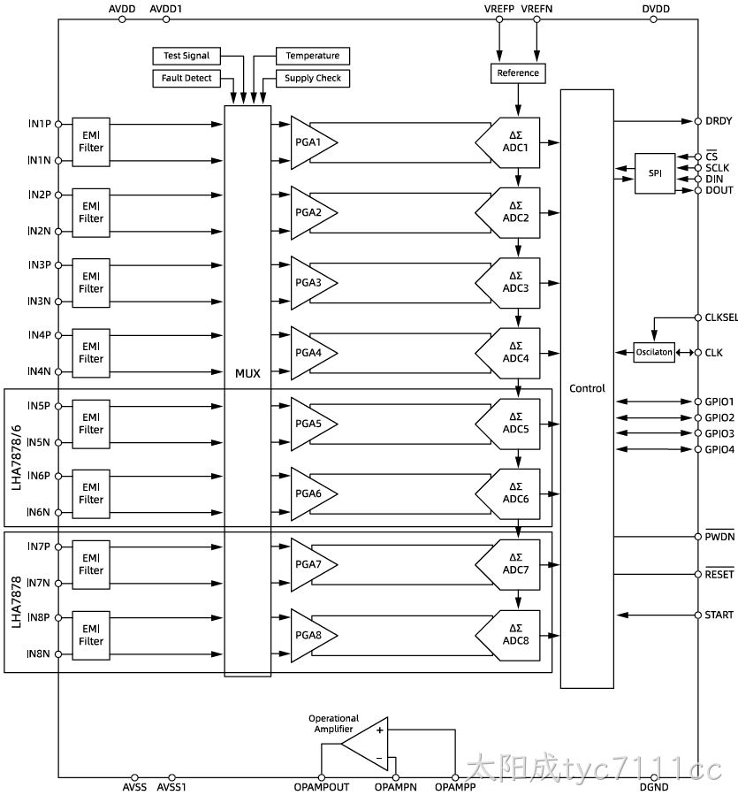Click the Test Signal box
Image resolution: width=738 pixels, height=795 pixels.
(186, 56)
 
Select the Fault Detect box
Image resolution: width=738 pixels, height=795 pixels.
(186, 78)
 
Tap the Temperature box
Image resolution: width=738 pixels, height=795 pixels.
(313, 56)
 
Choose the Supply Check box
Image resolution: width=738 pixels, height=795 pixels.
(313, 78)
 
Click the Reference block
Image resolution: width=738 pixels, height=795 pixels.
(518, 73)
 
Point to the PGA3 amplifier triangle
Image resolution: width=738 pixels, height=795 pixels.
(310, 283)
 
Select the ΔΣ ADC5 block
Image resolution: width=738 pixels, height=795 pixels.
(508, 424)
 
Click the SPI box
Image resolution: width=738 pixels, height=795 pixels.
(655, 173)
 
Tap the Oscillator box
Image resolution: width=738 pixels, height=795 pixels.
(654, 352)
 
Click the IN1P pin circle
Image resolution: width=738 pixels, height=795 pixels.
(58, 124)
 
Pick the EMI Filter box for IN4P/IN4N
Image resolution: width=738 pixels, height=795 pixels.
(91, 353)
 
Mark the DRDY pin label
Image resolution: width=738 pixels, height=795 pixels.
(719, 121)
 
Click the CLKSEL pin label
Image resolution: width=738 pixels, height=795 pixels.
(721, 317)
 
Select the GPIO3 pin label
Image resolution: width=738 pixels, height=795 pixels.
(719, 433)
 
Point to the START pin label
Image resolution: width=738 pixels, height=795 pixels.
(719, 615)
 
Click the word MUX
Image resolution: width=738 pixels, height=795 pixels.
(247, 374)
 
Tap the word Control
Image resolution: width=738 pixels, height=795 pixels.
(587, 388)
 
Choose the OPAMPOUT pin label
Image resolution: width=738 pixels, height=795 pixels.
(322, 787)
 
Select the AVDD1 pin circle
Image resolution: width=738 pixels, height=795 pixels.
(166, 19)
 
